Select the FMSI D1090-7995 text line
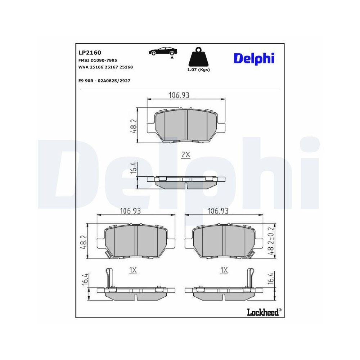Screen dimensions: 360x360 click(98, 60)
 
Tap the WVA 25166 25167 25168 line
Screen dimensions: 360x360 click(105, 67)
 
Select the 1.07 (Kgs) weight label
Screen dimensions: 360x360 click(198, 70)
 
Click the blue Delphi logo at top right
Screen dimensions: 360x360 click(254, 58)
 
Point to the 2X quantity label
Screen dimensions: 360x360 click(185, 155)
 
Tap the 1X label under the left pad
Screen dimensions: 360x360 click(133, 270)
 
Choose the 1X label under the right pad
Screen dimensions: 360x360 click(224, 270)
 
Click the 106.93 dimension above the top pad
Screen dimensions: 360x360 click(179, 95)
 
